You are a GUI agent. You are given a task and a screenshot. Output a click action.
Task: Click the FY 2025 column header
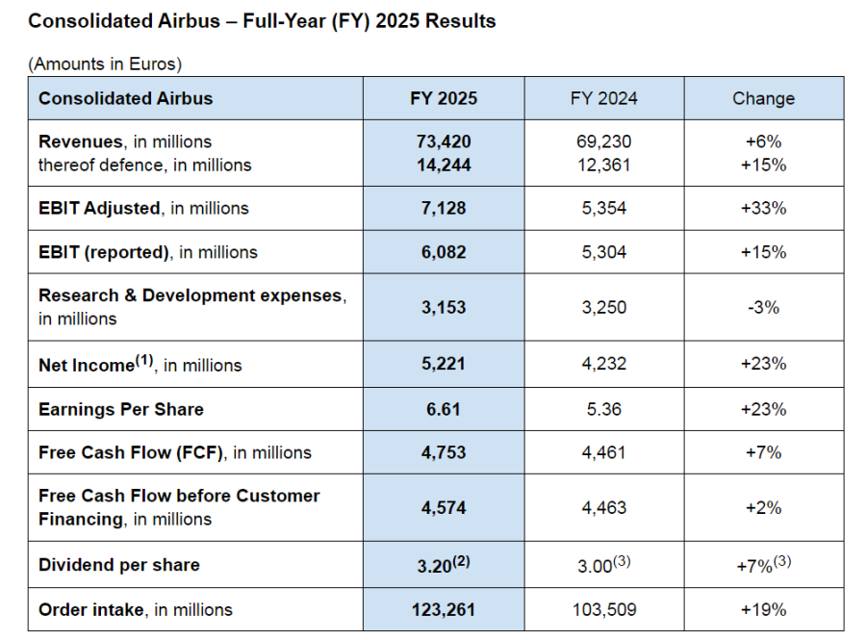click(444, 98)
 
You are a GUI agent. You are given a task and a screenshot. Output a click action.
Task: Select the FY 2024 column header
click(603, 98)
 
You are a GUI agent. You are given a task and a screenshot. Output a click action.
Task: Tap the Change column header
click(763, 98)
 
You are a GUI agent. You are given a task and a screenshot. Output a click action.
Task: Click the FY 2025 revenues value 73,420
click(444, 141)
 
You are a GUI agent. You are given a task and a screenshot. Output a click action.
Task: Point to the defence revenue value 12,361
click(603, 165)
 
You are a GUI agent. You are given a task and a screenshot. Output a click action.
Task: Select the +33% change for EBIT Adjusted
click(765, 208)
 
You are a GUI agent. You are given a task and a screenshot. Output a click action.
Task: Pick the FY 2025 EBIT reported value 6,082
click(444, 252)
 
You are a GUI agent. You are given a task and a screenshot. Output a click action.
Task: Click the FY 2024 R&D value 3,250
click(603, 308)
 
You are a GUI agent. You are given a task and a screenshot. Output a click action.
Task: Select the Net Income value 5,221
click(444, 364)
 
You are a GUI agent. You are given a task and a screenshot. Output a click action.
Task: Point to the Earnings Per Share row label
click(121, 409)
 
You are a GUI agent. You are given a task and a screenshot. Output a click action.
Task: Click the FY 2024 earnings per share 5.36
click(603, 409)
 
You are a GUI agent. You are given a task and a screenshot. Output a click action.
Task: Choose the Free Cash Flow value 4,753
click(444, 452)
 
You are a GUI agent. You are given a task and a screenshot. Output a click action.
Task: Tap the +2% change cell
click(765, 507)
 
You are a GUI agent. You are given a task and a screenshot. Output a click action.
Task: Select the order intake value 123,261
click(444, 609)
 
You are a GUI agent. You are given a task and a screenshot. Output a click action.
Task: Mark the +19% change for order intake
click(765, 609)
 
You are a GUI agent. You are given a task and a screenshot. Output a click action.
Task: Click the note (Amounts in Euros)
click(105, 64)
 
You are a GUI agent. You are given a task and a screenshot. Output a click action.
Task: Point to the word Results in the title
click(462, 20)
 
